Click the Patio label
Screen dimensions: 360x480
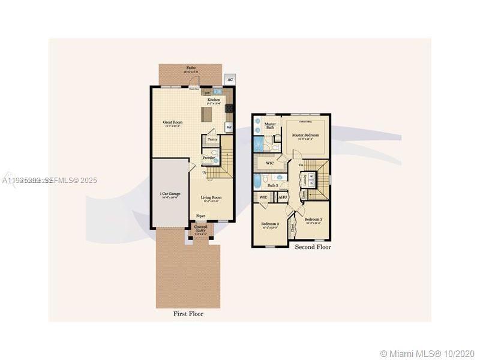click(191, 68)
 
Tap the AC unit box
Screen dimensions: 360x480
click(230, 80)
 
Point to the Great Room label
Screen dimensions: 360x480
click(173, 122)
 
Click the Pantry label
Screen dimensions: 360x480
click(212, 139)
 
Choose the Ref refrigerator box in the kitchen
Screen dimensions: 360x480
click(229, 127)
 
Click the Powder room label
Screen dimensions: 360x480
click(208, 158)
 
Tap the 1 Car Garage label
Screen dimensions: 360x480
click(170, 194)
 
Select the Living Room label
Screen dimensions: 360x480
click(211, 197)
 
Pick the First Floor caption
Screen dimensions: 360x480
click(188, 313)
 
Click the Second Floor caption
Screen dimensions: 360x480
click(313, 247)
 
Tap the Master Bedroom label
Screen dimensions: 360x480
click(305, 136)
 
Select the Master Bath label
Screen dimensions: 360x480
click(270, 126)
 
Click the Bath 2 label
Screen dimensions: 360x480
click(272, 185)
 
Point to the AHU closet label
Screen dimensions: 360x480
click(283, 197)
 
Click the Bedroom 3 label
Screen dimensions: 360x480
click(313, 220)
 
